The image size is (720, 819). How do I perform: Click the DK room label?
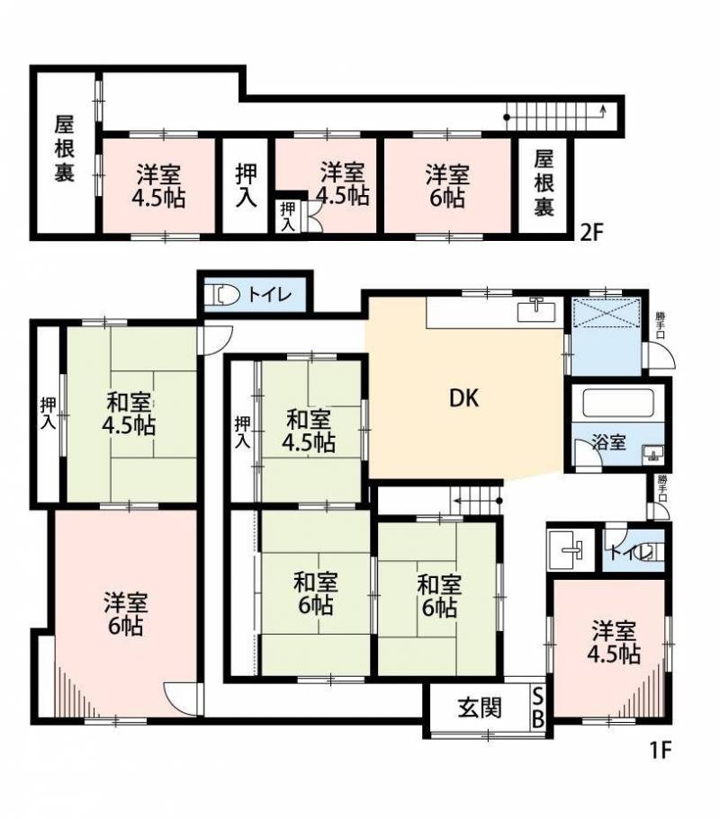tap(464, 398)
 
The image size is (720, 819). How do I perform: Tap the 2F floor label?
tap(592, 232)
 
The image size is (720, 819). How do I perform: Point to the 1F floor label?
tap(660, 750)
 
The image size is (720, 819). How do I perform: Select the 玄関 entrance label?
tap(480, 708)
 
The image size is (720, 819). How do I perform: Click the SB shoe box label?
tap(537, 708)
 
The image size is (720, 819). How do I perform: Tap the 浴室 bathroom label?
tap(608, 442)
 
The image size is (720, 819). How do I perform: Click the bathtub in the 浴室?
tap(617, 402)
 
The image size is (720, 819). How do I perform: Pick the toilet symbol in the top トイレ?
tap(227, 295)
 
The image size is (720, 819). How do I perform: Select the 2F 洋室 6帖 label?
tap(447, 185)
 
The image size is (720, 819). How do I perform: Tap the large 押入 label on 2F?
tap(246, 185)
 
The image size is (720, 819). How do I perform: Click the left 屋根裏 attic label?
tap(65, 149)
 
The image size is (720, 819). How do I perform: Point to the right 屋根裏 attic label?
tap(544, 183)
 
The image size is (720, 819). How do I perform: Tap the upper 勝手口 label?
tap(661, 325)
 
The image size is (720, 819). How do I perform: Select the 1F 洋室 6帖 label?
tap(125, 614)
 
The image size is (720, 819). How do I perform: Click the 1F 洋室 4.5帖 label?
tap(614, 641)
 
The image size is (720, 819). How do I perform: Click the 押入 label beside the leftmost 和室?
tap(48, 414)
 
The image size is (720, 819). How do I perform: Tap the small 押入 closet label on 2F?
tap(288, 217)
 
